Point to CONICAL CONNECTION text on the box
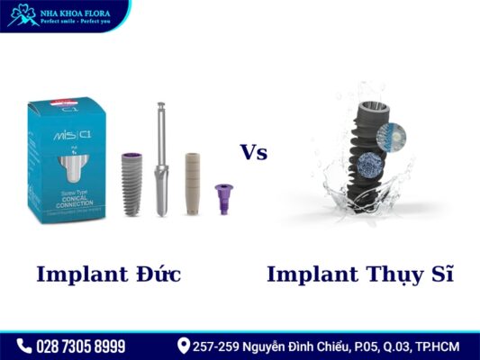coord(68,200)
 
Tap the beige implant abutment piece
coord(192,183)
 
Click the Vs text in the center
coord(253,152)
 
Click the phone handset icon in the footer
coord(24,346)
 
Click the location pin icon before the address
coord(184,346)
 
